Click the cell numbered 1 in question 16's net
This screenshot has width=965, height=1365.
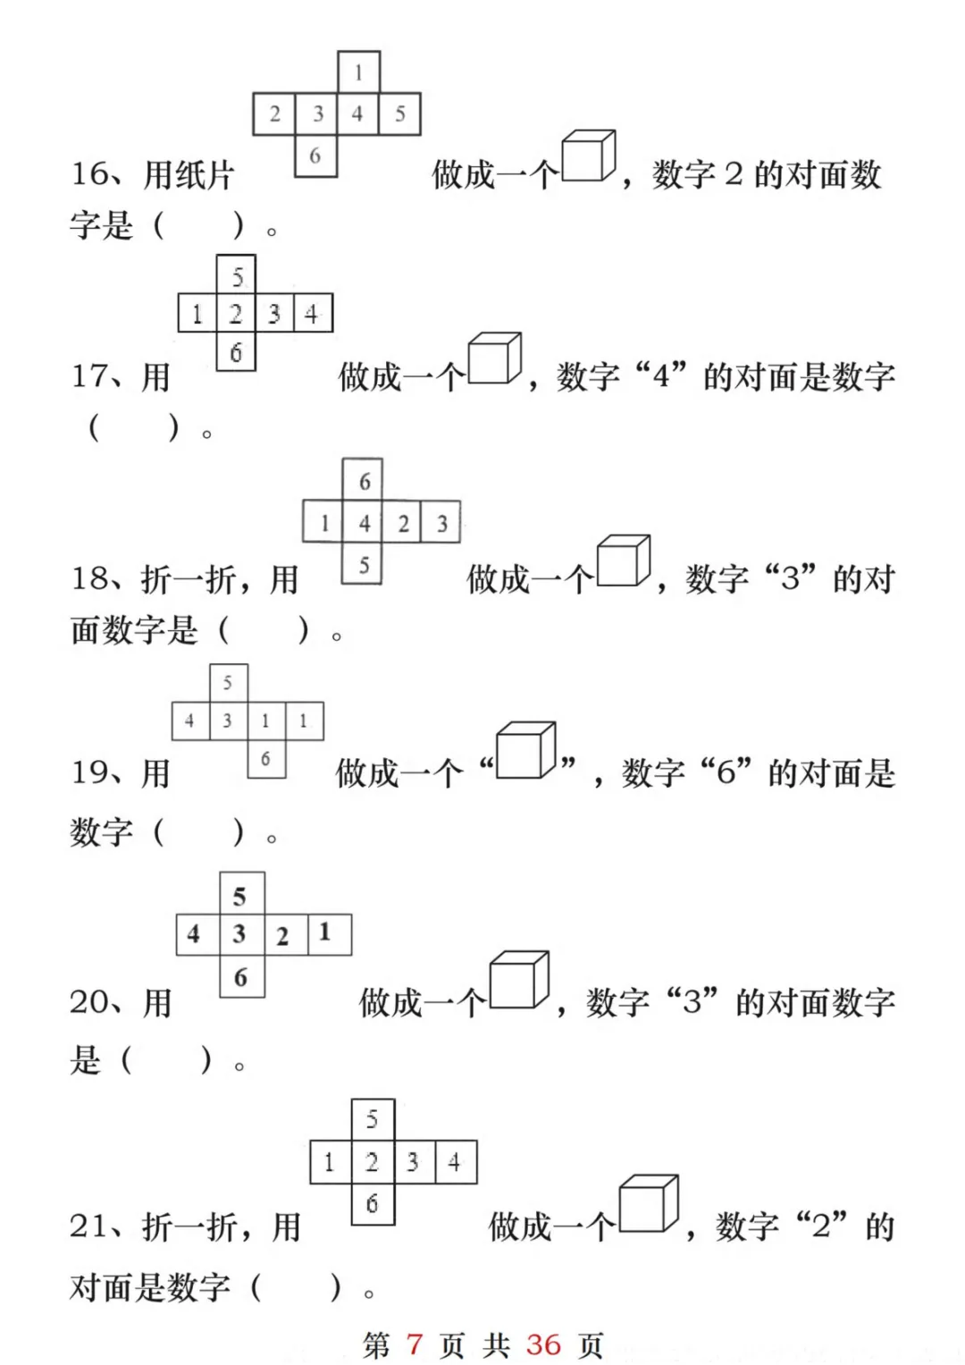pos(358,72)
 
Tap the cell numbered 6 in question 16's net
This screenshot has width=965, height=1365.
pos(315,156)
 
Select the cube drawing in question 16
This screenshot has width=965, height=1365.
pos(588,157)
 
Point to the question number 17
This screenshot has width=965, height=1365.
pos(89,376)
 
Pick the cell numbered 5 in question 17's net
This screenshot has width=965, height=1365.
pos(237,275)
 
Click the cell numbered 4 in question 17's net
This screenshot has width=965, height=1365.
pos(312,314)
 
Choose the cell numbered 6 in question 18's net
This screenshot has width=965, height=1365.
pos(364,481)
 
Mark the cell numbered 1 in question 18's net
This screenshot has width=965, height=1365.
pos(323,523)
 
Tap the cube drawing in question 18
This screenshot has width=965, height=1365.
pos(623,561)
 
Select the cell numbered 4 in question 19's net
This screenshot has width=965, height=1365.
pos(189,720)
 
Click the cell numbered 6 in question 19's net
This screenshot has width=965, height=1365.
pos(265,759)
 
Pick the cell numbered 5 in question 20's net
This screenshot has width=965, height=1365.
pos(240,895)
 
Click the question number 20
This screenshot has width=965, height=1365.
pos(89,1002)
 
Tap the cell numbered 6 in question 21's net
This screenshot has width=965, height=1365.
pos(372,1203)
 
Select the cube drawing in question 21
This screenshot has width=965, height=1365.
pos(648,1204)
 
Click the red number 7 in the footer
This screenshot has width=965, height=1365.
pos(414,1344)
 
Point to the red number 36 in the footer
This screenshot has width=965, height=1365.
pos(543,1344)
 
